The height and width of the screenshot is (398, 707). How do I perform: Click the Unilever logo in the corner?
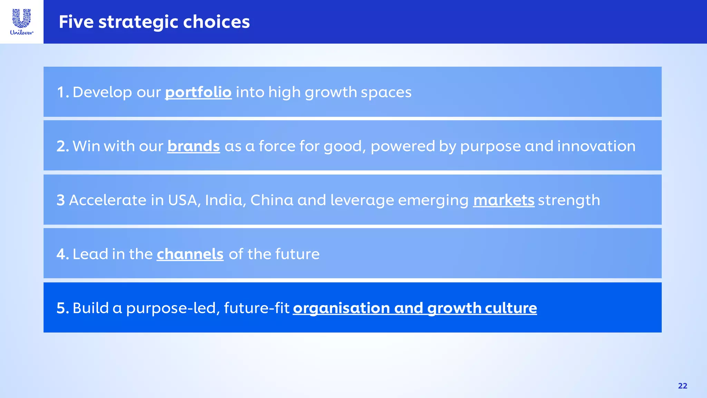[x=21, y=22]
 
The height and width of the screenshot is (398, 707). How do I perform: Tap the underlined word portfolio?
[x=198, y=92]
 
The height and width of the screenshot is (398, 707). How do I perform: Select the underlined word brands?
[x=194, y=146]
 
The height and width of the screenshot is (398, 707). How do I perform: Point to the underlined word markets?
[x=504, y=200]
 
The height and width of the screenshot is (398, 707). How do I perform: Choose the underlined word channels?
[x=190, y=254]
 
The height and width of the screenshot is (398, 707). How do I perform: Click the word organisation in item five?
[x=341, y=308]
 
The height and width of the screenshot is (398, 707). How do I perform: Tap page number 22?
[x=682, y=386]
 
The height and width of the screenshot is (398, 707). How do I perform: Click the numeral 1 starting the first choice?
[x=61, y=92]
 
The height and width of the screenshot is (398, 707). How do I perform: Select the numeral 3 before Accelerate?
[x=61, y=200]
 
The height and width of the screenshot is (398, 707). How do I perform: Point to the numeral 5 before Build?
[x=61, y=308]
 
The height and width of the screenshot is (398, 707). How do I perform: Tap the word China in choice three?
[x=272, y=200]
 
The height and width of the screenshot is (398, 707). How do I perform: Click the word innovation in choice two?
[x=596, y=146]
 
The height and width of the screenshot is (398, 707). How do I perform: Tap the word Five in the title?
[x=76, y=22]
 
